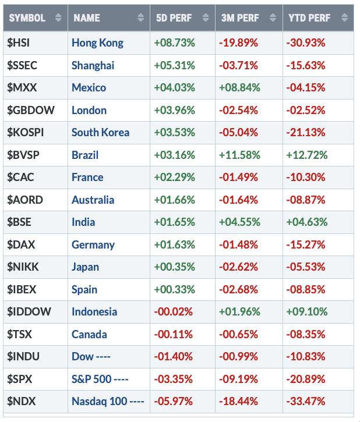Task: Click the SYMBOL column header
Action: (x=27, y=18)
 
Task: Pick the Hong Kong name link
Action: (x=97, y=43)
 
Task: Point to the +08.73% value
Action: (x=175, y=43)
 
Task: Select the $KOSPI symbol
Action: (x=26, y=132)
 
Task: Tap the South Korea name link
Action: (x=101, y=132)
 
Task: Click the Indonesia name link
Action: (x=94, y=311)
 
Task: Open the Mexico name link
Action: (x=89, y=88)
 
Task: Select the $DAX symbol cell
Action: (x=22, y=244)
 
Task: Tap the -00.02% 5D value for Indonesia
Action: (x=174, y=311)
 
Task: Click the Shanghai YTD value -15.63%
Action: (x=305, y=65)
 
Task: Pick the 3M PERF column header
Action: (x=241, y=18)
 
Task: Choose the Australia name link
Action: (x=93, y=200)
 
